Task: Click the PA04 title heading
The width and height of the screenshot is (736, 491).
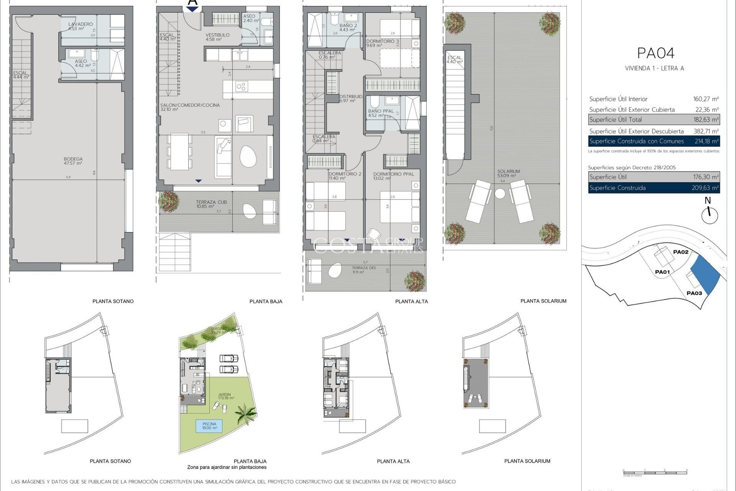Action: tap(655, 53)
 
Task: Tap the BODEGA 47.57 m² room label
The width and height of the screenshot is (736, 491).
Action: tap(73, 161)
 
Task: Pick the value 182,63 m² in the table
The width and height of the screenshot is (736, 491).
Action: tap(706, 120)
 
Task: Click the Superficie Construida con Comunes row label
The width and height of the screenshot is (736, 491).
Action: tap(636, 141)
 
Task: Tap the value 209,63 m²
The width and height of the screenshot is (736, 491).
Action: tap(706, 188)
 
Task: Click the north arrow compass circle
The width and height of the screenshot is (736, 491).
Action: tap(710, 216)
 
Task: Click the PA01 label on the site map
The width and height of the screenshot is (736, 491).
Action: tap(662, 272)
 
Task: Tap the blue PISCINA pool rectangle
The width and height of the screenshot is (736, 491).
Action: tap(209, 426)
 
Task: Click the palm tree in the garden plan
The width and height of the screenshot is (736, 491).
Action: tap(245, 414)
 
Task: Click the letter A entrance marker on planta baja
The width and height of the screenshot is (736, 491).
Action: tap(192, 3)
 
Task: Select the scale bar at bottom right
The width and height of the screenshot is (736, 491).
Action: tap(655, 471)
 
